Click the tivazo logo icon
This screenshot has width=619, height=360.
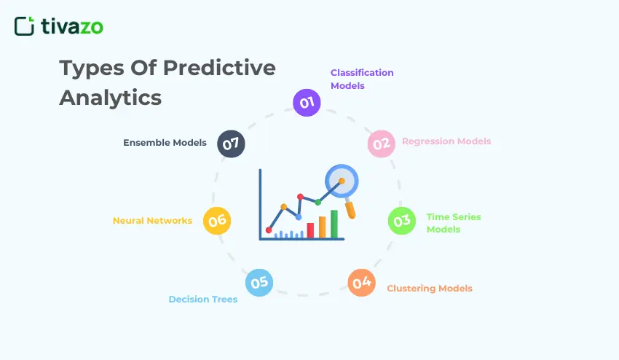point(24,26)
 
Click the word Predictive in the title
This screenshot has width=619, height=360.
point(219,68)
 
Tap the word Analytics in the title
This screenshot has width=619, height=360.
point(110,97)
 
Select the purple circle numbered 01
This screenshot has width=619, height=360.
point(307,102)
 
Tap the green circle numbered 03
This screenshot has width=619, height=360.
point(401,221)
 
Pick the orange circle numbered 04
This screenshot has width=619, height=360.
point(361,282)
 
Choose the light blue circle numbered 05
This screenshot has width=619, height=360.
point(259,282)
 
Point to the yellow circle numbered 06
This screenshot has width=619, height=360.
point(217,221)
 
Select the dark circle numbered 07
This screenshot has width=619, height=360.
point(232,144)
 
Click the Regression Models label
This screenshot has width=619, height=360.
point(446,141)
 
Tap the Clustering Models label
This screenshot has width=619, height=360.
point(430,289)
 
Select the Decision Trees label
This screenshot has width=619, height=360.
point(203,300)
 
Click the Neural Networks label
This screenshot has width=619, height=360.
point(152,220)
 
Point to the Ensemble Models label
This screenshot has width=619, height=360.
point(165,143)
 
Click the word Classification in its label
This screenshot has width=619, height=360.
point(362,73)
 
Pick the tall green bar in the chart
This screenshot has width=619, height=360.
point(334,224)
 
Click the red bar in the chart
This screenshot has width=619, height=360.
point(310,230)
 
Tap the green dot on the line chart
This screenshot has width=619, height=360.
point(318,202)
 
